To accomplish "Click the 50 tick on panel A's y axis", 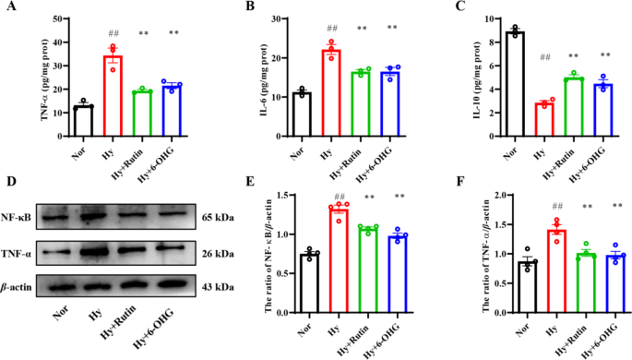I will (62, 18).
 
